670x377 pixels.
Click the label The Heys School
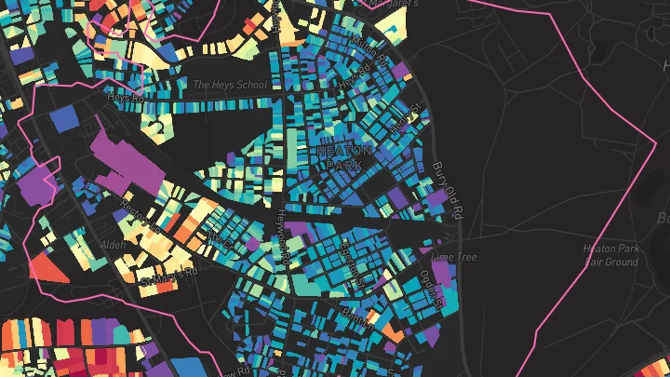tap(230, 85)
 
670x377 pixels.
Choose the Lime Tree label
tap(454, 256)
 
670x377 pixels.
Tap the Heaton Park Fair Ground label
tap(610, 255)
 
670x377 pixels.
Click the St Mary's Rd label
tap(169, 276)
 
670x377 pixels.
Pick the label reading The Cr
tap(221, 239)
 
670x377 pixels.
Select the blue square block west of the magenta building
tap(65, 118)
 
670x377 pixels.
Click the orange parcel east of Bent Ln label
tap(390, 329)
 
